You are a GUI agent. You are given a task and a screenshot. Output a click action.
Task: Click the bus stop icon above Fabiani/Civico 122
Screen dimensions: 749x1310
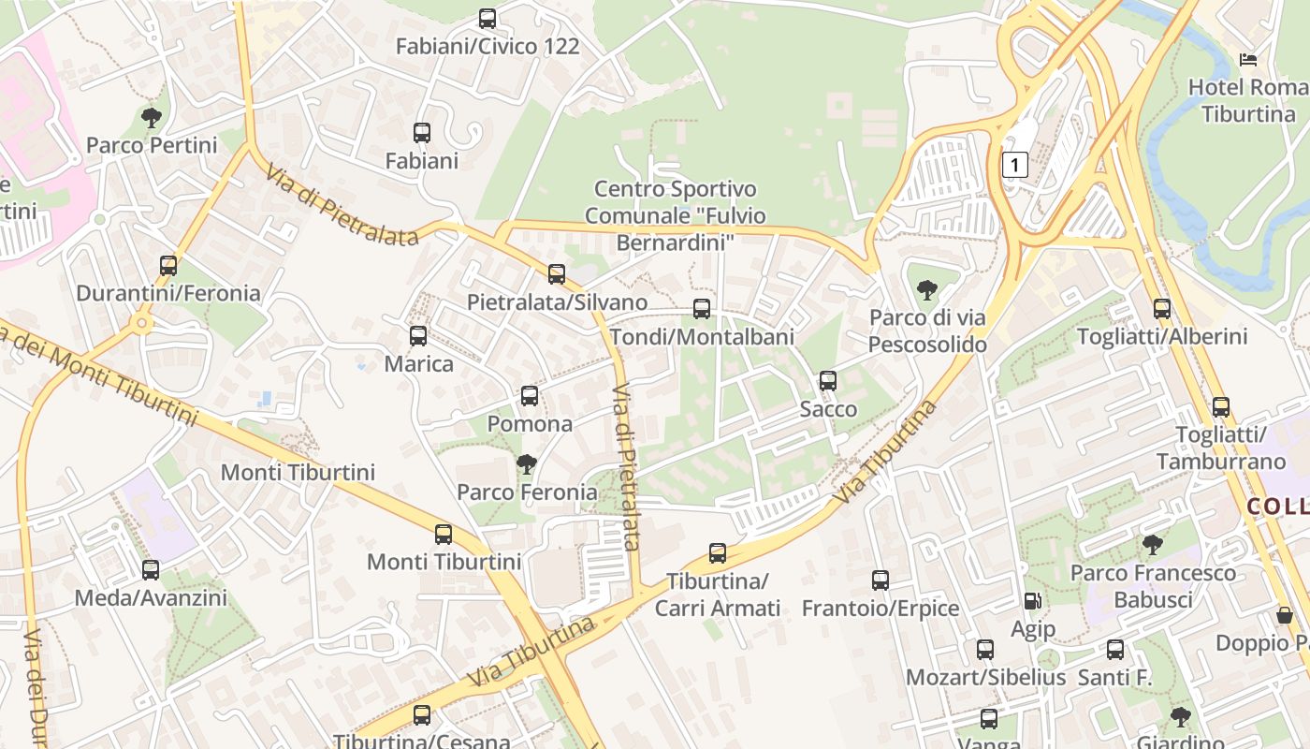(x=488, y=19)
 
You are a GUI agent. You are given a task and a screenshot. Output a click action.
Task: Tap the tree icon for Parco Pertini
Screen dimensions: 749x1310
(x=151, y=118)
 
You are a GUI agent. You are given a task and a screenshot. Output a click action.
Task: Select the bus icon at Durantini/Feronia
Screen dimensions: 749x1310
(x=168, y=266)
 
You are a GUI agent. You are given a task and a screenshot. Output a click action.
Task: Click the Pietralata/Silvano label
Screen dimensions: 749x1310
(x=557, y=302)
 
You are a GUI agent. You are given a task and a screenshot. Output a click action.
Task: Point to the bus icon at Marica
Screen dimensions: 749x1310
(x=418, y=336)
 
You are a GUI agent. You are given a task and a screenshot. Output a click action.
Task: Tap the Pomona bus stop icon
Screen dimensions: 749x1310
(x=530, y=396)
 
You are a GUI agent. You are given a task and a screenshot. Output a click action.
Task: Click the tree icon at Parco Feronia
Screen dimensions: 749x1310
(x=527, y=463)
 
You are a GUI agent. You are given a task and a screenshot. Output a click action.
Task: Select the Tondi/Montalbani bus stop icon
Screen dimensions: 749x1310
(x=702, y=309)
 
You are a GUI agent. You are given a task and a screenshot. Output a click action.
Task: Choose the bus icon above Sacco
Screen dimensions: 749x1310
(x=828, y=381)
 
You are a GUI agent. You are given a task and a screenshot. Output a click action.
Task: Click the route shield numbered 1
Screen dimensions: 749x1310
(x=1015, y=166)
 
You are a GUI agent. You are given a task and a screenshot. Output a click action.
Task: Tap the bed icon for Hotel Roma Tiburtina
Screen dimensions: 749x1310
(x=1248, y=60)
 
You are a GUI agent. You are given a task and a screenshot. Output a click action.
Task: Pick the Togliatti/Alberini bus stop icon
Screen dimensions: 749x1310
(x=1162, y=309)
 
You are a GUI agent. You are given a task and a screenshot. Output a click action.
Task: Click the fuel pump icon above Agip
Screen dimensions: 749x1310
(x=1032, y=602)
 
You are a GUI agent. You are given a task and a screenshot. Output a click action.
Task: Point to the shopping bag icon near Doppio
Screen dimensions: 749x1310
(x=1286, y=615)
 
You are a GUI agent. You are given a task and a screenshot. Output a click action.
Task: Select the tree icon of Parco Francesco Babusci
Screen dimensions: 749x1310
(x=1153, y=544)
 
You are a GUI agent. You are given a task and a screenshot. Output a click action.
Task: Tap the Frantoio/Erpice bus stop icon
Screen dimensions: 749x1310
(x=881, y=580)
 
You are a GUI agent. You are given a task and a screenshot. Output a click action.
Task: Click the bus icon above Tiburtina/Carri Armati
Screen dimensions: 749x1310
(x=718, y=553)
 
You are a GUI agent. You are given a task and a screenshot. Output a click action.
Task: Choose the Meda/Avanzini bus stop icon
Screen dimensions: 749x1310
(x=151, y=569)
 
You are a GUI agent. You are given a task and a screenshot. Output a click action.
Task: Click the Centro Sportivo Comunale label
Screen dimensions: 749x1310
(x=674, y=216)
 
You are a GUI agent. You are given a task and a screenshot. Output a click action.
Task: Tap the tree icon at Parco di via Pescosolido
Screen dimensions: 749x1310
(x=927, y=290)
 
